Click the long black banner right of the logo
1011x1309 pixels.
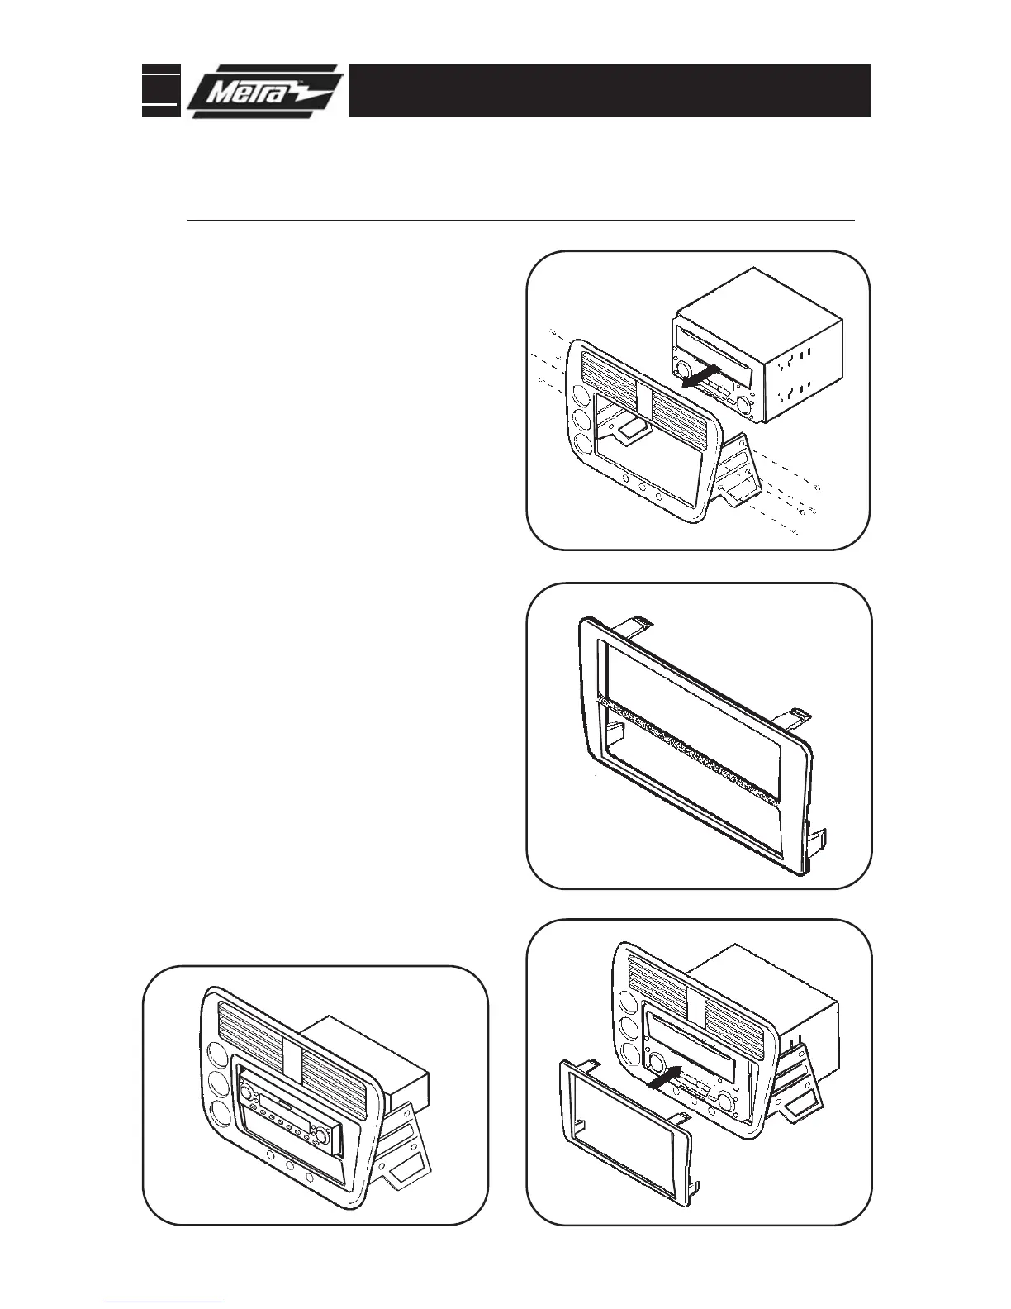[x=610, y=90]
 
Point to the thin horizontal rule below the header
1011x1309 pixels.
[x=520, y=221]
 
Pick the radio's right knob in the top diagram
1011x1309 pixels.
[x=743, y=405]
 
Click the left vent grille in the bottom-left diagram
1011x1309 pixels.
[x=251, y=1024]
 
